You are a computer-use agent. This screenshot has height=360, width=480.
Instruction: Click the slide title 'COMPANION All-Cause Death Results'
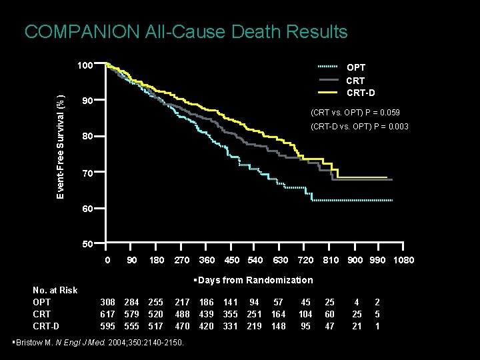(185, 31)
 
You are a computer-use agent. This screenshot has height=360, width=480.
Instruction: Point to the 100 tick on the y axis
(84, 65)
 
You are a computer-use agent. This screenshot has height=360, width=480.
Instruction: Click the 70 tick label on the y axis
(87, 173)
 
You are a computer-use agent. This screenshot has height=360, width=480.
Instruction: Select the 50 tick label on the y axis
(87, 244)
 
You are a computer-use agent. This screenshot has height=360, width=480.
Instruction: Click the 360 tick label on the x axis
(207, 260)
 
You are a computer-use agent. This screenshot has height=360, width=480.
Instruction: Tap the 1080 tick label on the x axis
(403, 260)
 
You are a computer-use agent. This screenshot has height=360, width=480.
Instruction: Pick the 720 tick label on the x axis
(305, 260)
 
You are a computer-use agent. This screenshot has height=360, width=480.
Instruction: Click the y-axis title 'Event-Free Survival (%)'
(61, 139)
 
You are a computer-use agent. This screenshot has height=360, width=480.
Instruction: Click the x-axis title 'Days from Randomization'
(253, 280)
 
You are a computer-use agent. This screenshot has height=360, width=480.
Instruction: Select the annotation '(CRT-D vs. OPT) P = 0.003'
(359, 127)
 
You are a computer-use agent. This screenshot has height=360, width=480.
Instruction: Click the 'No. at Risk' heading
(55, 290)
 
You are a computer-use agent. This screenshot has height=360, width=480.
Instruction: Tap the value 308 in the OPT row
(107, 302)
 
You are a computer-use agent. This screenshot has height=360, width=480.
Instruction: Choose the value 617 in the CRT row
(107, 314)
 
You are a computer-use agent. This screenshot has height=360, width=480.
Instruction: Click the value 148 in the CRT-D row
(278, 326)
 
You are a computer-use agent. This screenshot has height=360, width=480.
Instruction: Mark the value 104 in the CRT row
(305, 314)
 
